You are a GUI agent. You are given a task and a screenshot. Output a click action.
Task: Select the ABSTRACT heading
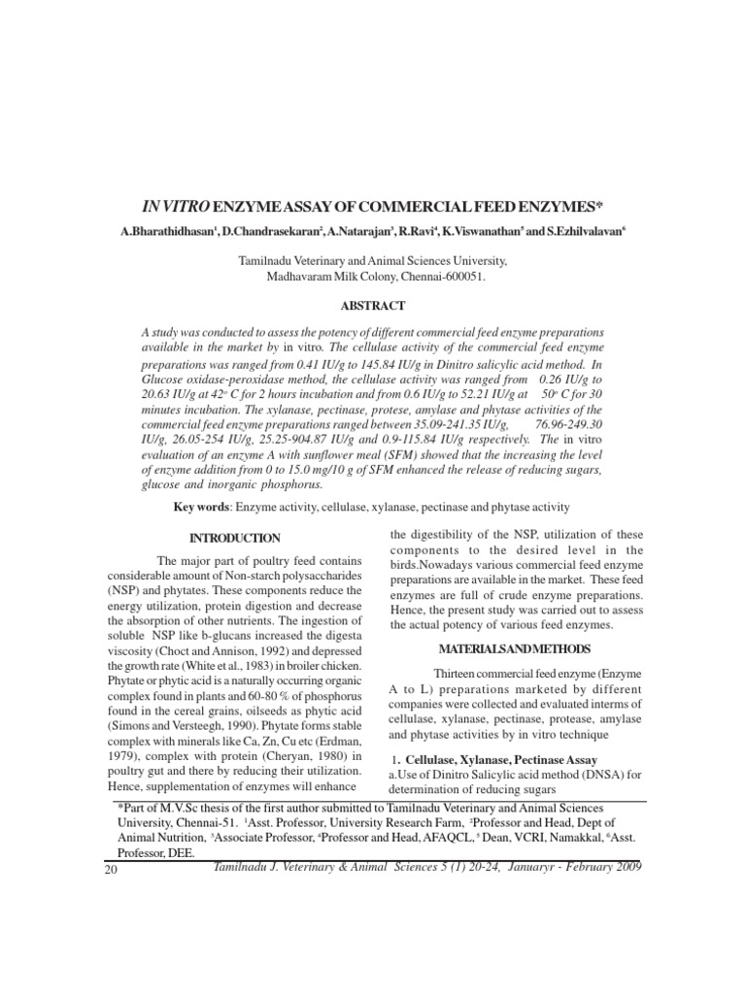click(x=372, y=305)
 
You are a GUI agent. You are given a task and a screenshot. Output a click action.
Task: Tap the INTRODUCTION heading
click(x=235, y=538)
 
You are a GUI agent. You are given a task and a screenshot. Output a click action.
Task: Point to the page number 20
click(x=108, y=869)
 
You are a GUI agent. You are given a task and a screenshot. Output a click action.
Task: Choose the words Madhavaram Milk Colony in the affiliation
click(x=333, y=277)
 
